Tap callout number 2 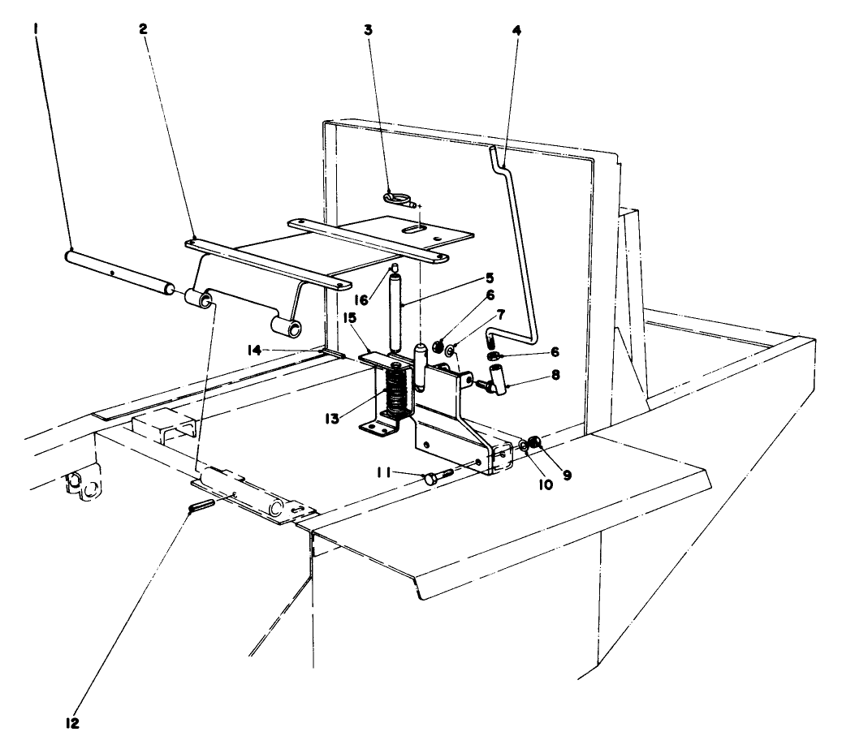coord(143,29)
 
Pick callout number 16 coord(362,299)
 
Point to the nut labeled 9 coord(534,442)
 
